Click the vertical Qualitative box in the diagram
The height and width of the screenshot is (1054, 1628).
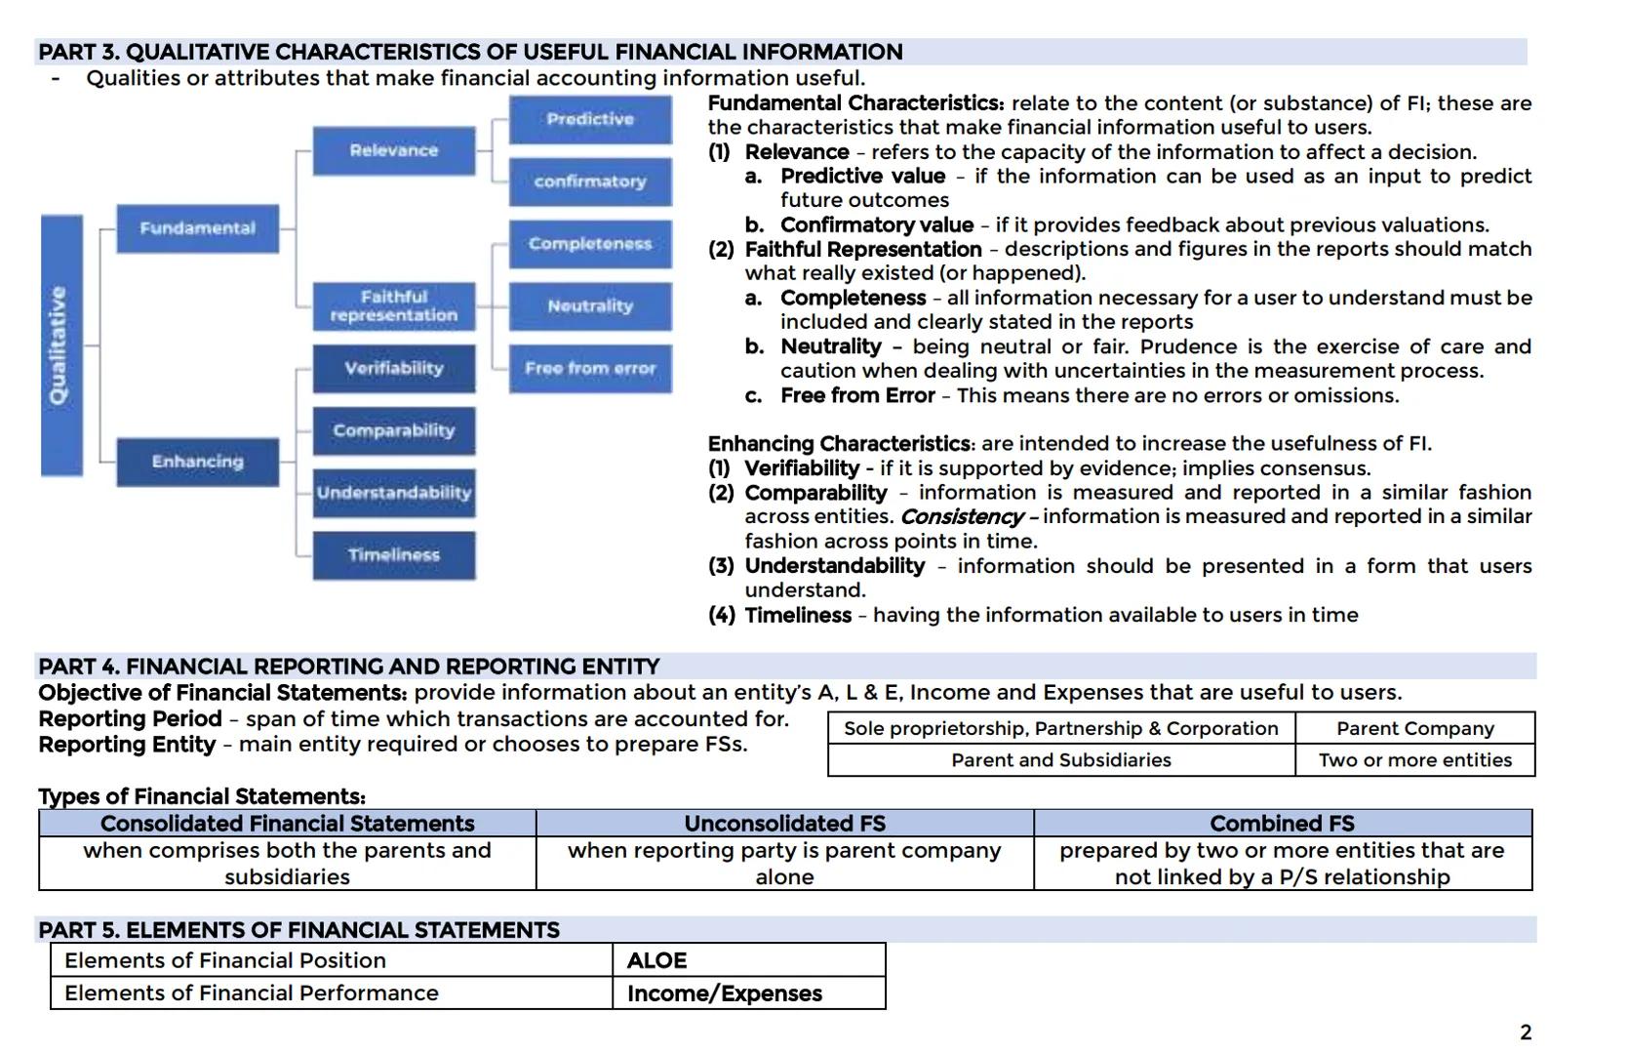[x=61, y=345]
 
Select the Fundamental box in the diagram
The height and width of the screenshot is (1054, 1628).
[x=197, y=228]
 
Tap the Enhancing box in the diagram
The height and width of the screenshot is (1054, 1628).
[x=197, y=462]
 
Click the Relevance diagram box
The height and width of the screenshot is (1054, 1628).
[x=394, y=150]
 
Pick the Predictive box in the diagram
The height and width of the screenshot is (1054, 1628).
[x=590, y=119]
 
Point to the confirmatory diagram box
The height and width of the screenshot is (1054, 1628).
[x=590, y=182]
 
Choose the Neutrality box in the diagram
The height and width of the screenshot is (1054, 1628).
[x=590, y=306]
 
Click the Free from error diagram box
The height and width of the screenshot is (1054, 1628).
[x=590, y=369]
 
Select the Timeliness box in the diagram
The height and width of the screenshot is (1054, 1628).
[x=394, y=555]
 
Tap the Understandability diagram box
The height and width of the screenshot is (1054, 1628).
[x=394, y=493]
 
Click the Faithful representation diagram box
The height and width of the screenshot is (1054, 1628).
[x=394, y=306]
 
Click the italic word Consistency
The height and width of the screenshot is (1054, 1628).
[x=961, y=517]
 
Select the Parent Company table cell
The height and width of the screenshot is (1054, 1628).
[x=1414, y=728]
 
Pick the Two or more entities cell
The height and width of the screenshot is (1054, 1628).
[x=1414, y=760]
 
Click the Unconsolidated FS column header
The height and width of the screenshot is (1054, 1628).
[x=784, y=824]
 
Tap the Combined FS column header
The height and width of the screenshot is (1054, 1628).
[x=1282, y=824]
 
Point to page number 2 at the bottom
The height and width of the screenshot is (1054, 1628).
[x=1526, y=1033]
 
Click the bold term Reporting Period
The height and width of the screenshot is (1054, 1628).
[x=130, y=719]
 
